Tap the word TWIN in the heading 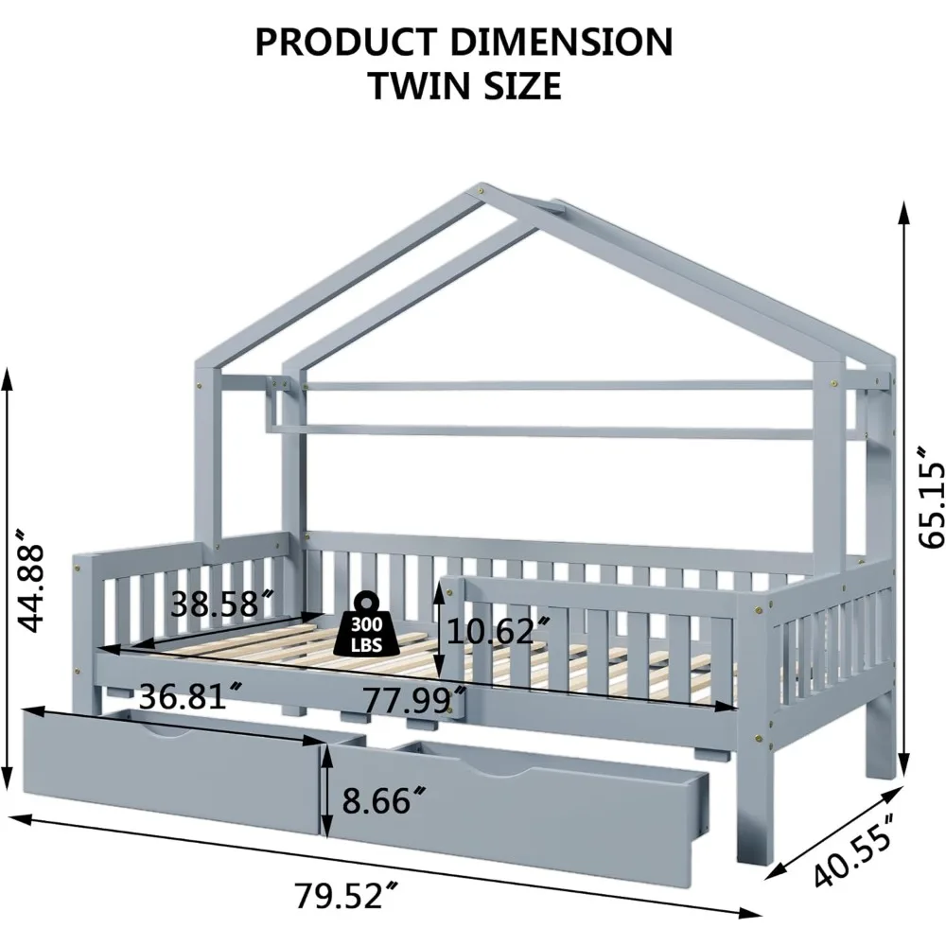click(417, 86)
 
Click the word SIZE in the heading click(518, 86)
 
